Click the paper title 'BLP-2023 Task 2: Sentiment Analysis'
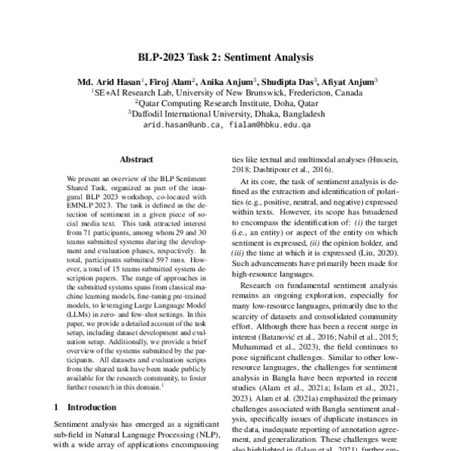(x=225, y=57)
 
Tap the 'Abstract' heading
(x=137, y=159)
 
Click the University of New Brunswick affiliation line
(x=225, y=92)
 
